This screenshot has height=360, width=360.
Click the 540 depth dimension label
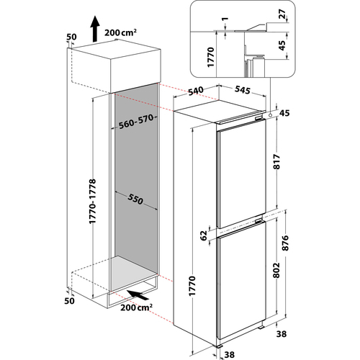195,91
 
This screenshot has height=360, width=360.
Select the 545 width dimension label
243,90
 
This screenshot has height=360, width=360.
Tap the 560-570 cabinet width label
136,122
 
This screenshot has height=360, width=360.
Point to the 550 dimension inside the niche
135,199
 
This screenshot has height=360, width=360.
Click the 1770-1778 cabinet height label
92,201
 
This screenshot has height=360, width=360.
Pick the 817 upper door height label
276,161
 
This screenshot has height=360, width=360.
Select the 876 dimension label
285,243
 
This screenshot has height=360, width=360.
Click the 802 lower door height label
276,270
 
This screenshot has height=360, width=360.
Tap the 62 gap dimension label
204,235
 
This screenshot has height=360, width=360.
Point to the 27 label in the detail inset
282,14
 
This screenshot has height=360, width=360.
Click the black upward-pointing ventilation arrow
95,29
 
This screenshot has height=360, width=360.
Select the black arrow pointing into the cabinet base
138,294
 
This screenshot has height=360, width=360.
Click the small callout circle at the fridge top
271,115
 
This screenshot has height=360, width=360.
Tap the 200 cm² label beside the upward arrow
120,32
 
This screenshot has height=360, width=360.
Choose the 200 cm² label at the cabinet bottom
136,307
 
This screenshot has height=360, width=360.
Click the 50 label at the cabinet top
71,37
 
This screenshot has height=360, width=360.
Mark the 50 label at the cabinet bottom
69,301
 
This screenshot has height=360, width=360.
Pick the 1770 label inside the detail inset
210,57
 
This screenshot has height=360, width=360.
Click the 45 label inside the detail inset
282,45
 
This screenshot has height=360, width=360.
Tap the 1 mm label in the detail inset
225,19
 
